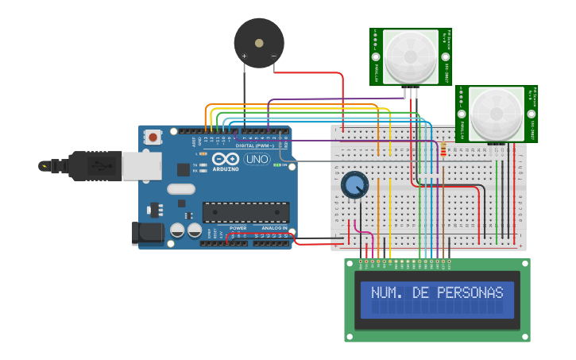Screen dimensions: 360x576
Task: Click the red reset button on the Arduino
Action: coord(153,137)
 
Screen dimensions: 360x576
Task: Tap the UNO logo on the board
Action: coord(257,159)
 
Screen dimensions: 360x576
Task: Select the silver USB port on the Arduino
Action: coord(141,166)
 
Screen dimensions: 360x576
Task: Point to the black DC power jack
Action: coord(148,233)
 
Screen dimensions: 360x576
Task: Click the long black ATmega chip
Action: coord(245,212)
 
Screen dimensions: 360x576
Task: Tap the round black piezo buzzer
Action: coord(259,43)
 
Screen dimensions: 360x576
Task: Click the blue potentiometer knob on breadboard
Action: coord(354,185)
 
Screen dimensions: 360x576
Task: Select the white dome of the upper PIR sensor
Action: coord(411,56)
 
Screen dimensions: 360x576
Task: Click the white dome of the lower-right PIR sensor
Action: coord(497,114)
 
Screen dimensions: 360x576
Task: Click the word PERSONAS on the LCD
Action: coord(470,292)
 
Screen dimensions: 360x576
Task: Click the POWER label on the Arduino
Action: coord(238,228)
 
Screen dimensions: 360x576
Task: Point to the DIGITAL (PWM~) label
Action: coord(255,145)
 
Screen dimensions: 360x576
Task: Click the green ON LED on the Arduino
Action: coord(276,165)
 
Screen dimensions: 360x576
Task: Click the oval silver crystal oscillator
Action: coord(181,189)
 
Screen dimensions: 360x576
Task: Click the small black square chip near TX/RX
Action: coord(184,168)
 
